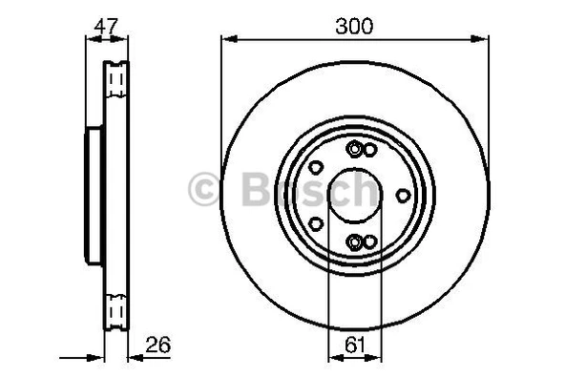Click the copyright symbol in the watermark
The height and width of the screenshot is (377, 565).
(x=205, y=189)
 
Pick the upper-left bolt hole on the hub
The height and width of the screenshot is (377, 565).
(x=316, y=167)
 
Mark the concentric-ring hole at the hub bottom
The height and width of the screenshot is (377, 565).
(x=355, y=241)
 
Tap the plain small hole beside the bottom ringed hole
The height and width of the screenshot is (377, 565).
(x=369, y=241)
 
